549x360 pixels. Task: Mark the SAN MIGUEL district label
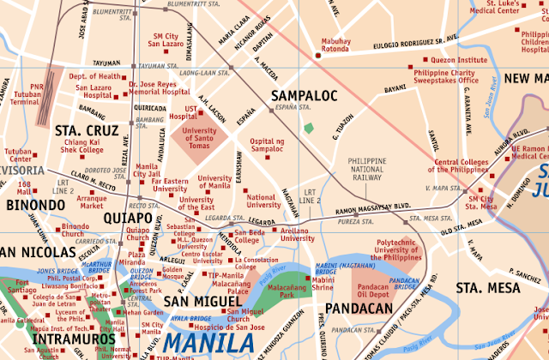coord(201,303)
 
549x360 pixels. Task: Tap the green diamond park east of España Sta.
coord(308,128)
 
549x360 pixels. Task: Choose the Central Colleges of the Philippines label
coord(474,166)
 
